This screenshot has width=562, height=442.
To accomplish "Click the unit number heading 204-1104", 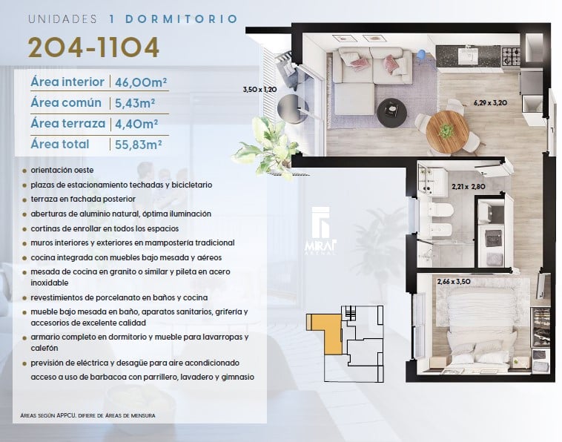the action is [x=93, y=47].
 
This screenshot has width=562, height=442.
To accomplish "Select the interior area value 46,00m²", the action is [x=141, y=82].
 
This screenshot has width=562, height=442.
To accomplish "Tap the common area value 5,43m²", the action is [x=135, y=103].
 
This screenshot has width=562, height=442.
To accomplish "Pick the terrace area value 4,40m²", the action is [x=136, y=124].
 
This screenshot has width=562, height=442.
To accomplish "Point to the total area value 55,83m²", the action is [x=139, y=145].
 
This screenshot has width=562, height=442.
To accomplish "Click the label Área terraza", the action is [x=67, y=123].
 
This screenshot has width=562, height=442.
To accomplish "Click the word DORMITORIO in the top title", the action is [x=182, y=19].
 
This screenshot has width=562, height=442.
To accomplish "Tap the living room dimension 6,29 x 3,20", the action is [x=490, y=103].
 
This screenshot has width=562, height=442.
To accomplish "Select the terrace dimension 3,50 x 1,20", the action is [x=259, y=89].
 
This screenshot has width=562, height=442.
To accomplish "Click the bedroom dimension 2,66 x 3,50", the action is [x=454, y=281].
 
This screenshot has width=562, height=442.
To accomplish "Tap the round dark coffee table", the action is [x=392, y=112].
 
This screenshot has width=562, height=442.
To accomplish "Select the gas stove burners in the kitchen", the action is [x=510, y=56].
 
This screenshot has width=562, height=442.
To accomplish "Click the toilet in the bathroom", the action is [x=436, y=210].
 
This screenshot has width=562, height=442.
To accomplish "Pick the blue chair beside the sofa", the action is [x=422, y=55].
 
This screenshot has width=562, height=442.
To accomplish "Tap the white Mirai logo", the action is [x=321, y=231].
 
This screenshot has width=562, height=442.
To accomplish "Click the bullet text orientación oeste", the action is [x=62, y=170].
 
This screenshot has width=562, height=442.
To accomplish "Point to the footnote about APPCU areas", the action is [x=87, y=415].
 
